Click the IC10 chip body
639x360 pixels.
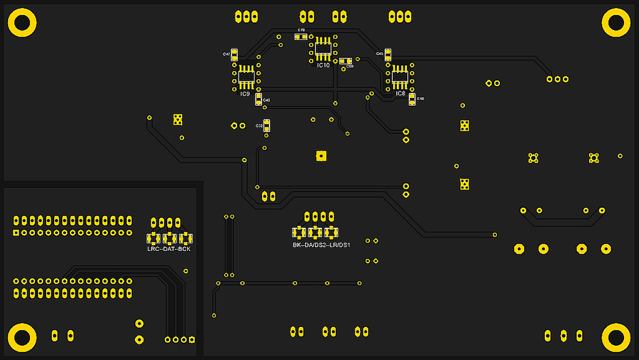pyautogui.click(x=323, y=48)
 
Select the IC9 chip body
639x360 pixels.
pyautogui.click(x=246, y=77)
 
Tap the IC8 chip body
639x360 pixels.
pyautogui.click(x=399, y=77)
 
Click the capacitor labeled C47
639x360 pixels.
pyautogui.click(x=235, y=54)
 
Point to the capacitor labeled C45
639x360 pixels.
pyautogui.click(x=388, y=54)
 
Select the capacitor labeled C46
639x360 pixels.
pyautogui.click(x=412, y=99)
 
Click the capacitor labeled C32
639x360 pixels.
pyautogui.click(x=267, y=125)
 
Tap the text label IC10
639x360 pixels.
pyautogui.click(x=323, y=65)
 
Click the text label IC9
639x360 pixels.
pyautogui.click(x=245, y=94)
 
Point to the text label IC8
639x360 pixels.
pyautogui.click(x=400, y=93)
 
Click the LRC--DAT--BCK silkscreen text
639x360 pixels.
pyautogui.click(x=169, y=249)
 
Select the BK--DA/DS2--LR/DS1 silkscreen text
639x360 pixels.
pyautogui.click(x=321, y=245)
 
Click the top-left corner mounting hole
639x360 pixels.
pyautogui.click(x=22, y=22)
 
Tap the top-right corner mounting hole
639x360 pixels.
pyautogui.click(x=616, y=22)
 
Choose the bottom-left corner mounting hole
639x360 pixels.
pyautogui.click(x=22, y=338)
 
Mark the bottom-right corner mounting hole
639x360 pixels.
pyautogui.click(x=616, y=338)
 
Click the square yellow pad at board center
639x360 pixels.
pyautogui.click(x=321, y=156)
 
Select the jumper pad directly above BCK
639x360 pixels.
pyautogui.click(x=186, y=238)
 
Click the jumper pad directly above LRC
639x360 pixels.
pyautogui.click(x=153, y=238)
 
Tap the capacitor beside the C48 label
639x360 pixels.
pyautogui.click(x=259, y=99)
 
